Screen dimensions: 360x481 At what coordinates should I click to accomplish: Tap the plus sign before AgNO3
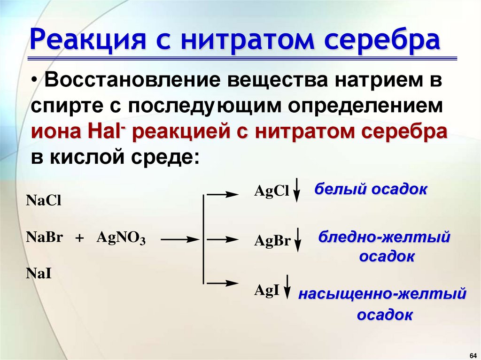click(x=79, y=238)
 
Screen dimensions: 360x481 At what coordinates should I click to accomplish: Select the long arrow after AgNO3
click(x=181, y=239)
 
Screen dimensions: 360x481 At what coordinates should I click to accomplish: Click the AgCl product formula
click(x=271, y=191)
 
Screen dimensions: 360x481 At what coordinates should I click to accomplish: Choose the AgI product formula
click(x=267, y=291)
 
